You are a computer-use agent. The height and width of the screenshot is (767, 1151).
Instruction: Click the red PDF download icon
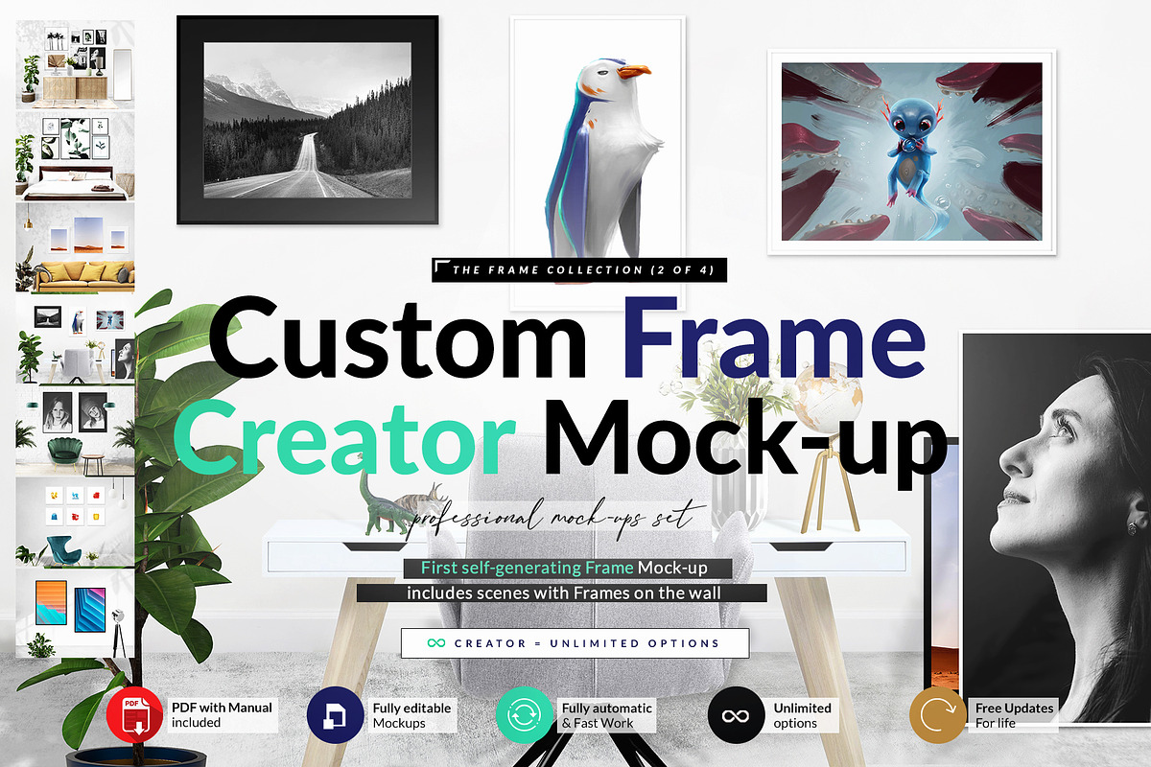(134, 714)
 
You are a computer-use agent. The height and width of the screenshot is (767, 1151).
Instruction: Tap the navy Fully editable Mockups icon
(335, 714)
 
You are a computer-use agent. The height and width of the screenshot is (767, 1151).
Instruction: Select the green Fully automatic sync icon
(524, 714)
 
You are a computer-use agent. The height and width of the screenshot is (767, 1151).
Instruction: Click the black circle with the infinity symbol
(736, 714)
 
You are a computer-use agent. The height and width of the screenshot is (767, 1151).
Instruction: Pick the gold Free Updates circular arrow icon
(938, 714)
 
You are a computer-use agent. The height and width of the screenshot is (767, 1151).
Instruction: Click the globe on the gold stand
(827, 397)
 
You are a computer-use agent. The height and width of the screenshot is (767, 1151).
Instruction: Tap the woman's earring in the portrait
(1132, 527)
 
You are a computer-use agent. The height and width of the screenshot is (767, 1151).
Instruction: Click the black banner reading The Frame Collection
(579, 269)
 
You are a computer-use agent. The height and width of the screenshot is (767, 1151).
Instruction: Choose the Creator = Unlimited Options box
(575, 643)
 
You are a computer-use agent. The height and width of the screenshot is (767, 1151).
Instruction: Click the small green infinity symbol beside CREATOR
(436, 643)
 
